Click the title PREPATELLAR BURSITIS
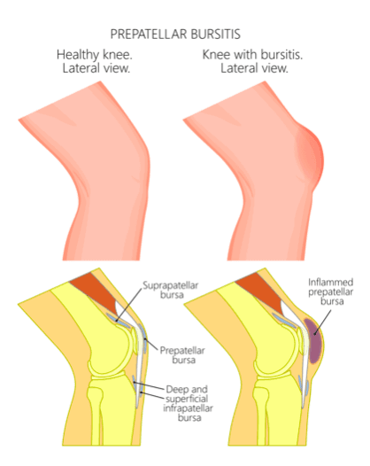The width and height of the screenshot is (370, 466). pos(175,35)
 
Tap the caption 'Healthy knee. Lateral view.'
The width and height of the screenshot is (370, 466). pos(95,61)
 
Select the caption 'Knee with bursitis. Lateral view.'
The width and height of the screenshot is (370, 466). pos(253,61)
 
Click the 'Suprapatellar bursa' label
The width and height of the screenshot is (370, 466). pos(171,290)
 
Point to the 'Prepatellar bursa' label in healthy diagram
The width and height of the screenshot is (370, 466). pos(182,355)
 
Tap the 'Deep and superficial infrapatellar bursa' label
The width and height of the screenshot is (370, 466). pos(188,403)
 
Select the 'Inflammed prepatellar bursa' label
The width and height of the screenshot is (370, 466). pos(330,291)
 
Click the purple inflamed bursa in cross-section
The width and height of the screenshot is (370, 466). pos(313,340)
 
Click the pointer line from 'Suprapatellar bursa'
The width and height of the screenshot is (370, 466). pos(129,305)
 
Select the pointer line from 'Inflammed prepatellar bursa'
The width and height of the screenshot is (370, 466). pos(322,322)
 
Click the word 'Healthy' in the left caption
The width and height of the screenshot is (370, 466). pos(78,55)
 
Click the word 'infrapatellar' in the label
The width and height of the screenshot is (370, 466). pos(188,408)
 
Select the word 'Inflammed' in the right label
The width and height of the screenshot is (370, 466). pos(330,282)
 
